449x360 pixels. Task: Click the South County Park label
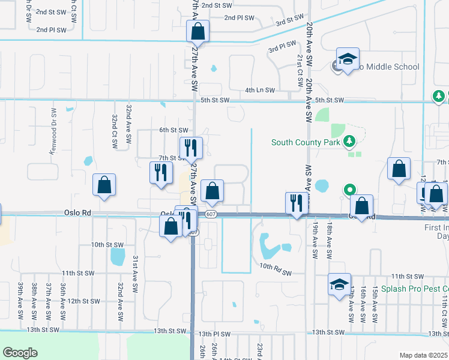tap(306, 142)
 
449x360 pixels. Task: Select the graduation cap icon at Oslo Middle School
tap(346, 60)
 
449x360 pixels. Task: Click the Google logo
tap(20, 352)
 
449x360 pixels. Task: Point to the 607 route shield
tap(211, 214)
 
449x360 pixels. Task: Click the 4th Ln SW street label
tap(259, 90)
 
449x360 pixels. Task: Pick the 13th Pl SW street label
tap(215, 334)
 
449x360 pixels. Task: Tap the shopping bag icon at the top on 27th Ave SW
tap(197, 31)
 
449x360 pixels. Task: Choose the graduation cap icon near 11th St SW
tap(339, 284)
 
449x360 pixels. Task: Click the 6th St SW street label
tap(174, 130)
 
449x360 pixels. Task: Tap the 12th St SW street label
tap(83, 301)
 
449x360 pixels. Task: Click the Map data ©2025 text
tap(423, 355)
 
